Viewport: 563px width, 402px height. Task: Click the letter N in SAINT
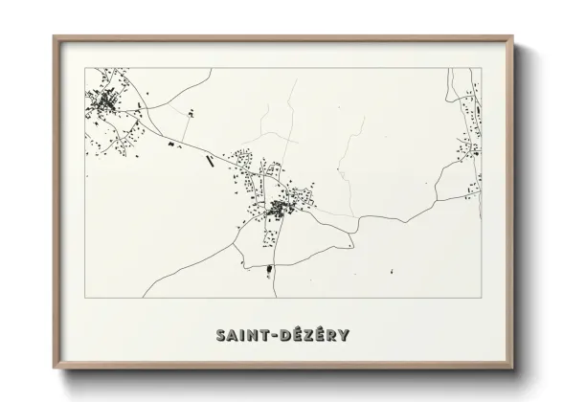pos(250,335)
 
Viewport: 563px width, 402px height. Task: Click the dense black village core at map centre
pos(280,207)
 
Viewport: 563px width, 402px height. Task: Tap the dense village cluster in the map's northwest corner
pos(105,101)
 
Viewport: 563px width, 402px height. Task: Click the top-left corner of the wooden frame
pos(55,37)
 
